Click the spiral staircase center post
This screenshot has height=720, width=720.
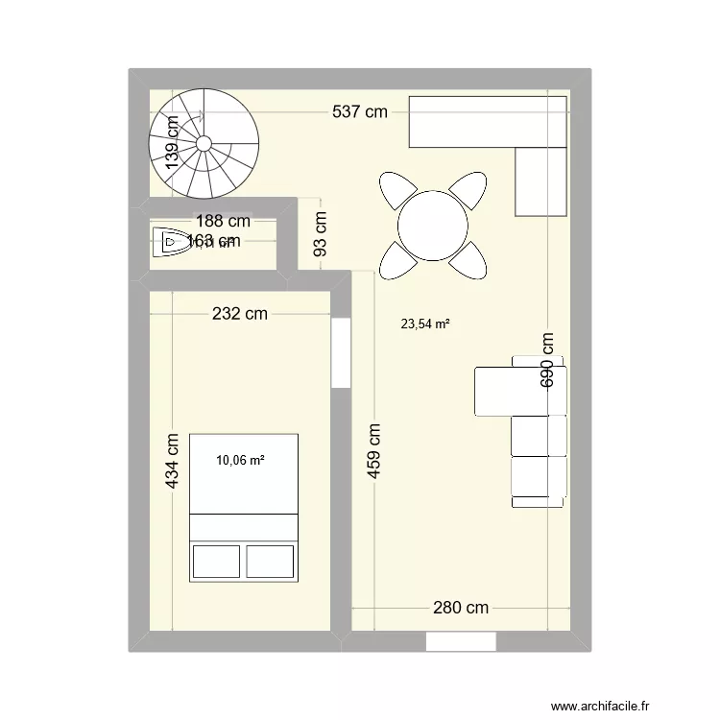click(x=204, y=143)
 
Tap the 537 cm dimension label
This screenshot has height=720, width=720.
click(x=360, y=111)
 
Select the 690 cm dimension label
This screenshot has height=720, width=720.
click(x=547, y=359)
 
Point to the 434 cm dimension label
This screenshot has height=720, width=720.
click(x=173, y=461)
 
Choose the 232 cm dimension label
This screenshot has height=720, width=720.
click(x=240, y=313)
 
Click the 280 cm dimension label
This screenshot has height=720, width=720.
click(x=461, y=607)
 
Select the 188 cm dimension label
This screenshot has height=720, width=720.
click(x=222, y=221)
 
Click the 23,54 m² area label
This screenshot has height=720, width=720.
click(x=425, y=324)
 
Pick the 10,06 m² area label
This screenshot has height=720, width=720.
click(x=240, y=460)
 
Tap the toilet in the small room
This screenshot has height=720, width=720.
click(x=170, y=242)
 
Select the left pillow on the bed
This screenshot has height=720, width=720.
click(x=216, y=561)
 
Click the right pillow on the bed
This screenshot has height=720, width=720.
click(x=271, y=561)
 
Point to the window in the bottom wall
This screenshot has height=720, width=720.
click(x=460, y=641)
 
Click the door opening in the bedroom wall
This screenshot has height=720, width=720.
click(x=340, y=352)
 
